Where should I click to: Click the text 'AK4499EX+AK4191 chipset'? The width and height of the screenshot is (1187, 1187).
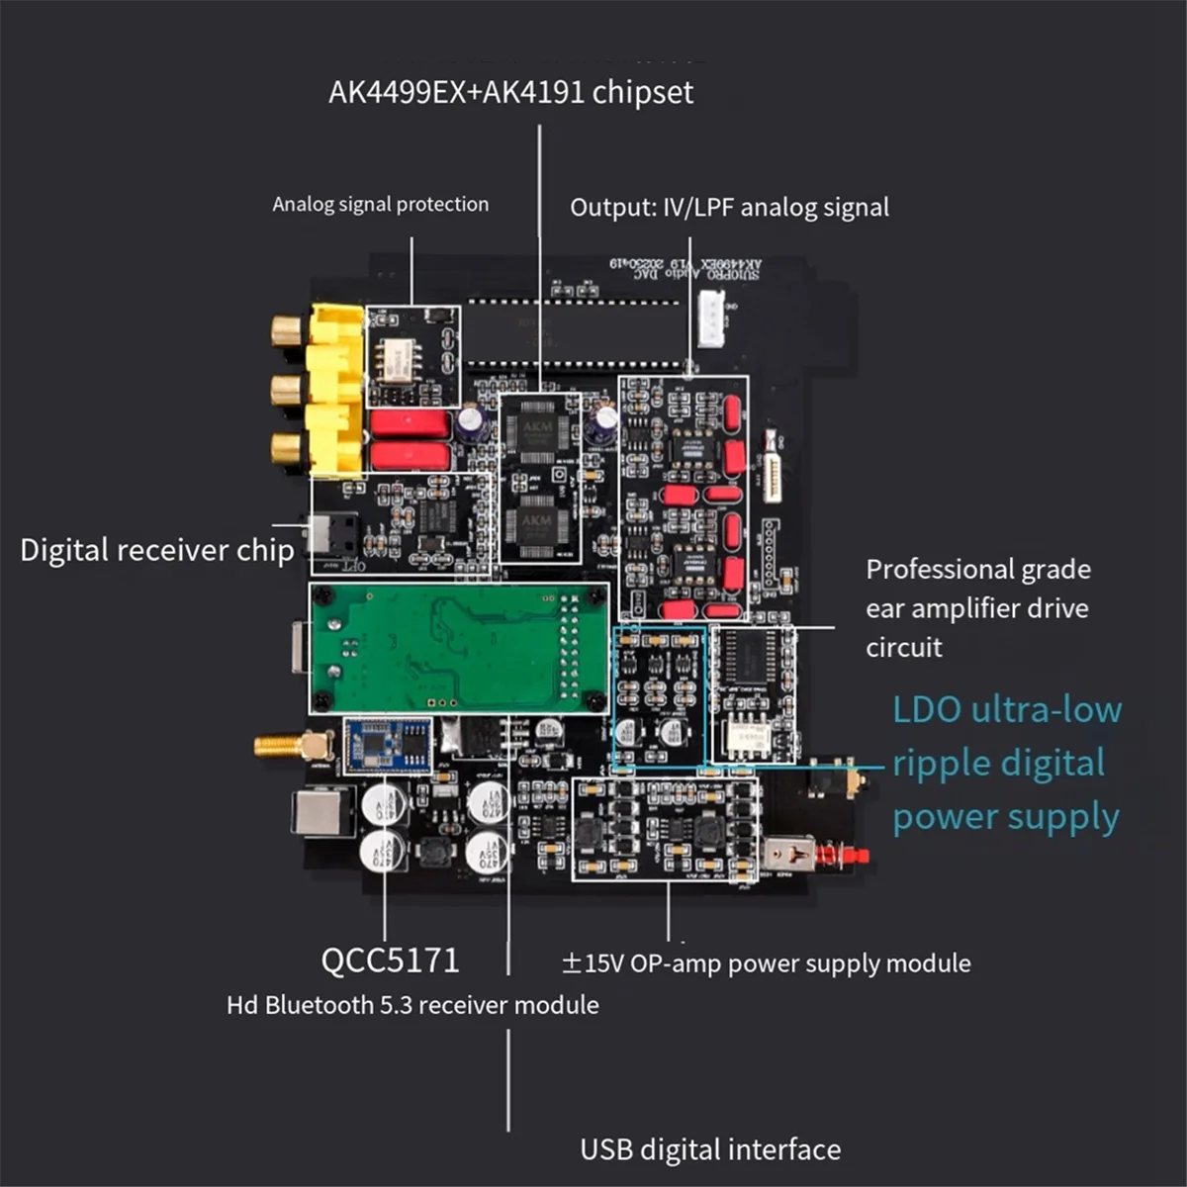pos(510,92)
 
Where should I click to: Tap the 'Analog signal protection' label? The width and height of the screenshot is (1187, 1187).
pos(380,204)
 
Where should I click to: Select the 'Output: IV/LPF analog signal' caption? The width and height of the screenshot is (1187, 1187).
pos(729,207)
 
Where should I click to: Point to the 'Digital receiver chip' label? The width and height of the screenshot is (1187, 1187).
pos(156,550)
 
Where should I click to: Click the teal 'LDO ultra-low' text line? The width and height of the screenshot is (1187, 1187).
pos(1007,709)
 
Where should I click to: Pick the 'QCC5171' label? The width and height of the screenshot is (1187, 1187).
pos(390,959)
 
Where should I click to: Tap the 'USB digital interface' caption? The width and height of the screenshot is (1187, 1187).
pos(710,1149)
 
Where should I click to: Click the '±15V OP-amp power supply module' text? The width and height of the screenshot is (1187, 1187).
pos(766,962)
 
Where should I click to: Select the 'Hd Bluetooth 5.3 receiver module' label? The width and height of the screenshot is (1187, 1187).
pos(412,1005)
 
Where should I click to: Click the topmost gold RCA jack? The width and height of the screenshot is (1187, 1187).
pos(288,329)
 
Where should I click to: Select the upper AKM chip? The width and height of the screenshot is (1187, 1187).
pos(537,432)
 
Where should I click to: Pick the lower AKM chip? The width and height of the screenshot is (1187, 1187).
pos(537,523)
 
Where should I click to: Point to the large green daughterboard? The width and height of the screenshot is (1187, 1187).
pos(457,648)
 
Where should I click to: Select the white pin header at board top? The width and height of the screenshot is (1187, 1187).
pos(711,319)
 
